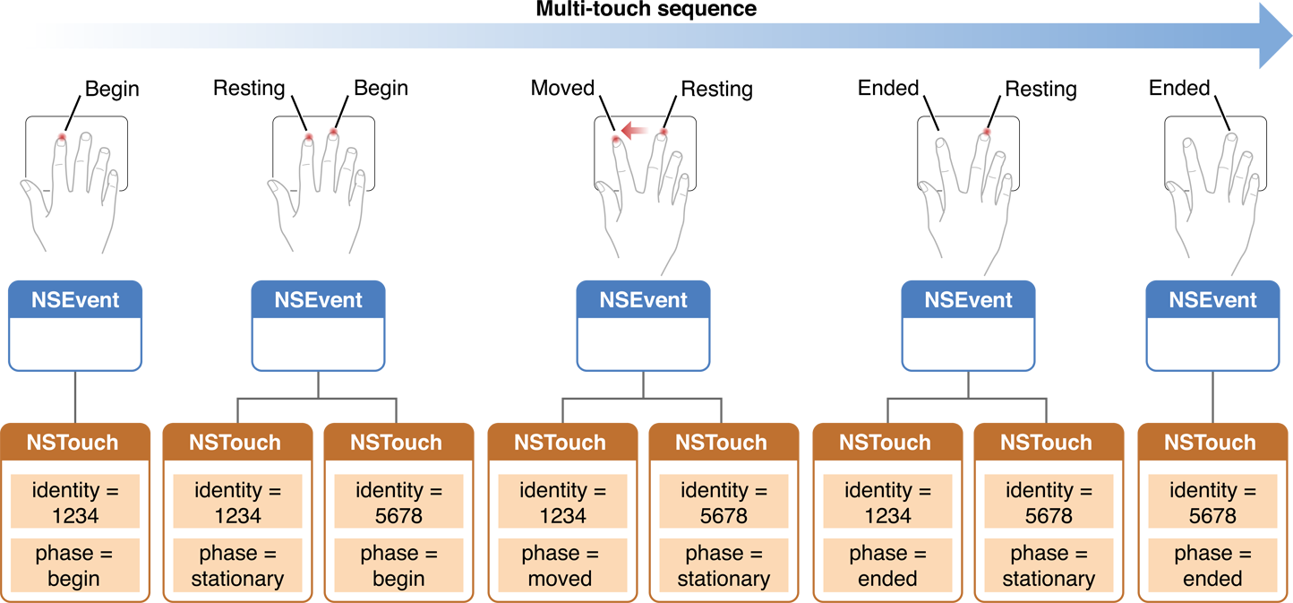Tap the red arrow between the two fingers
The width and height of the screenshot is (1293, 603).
(635, 132)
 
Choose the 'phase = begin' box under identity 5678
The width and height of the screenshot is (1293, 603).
(398, 565)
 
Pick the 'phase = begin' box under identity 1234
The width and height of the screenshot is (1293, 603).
(74, 565)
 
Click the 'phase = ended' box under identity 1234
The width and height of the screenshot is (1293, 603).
(886, 565)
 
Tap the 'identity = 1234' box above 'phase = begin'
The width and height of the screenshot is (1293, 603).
(74, 502)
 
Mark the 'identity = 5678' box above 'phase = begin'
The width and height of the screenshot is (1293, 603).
(398, 502)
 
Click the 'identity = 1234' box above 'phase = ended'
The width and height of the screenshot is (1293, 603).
(886, 502)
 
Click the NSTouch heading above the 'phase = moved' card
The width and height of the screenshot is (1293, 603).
(560, 443)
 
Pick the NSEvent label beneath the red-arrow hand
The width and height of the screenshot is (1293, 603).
(643, 300)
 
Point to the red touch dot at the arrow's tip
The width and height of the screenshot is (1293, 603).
(615, 140)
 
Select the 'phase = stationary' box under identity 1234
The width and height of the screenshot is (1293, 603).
(237, 565)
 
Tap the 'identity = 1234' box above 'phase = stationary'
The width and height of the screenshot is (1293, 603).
(237, 502)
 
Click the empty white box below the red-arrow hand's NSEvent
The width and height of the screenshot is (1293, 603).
(643, 343)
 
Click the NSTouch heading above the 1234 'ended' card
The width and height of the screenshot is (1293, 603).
(885, 443)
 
